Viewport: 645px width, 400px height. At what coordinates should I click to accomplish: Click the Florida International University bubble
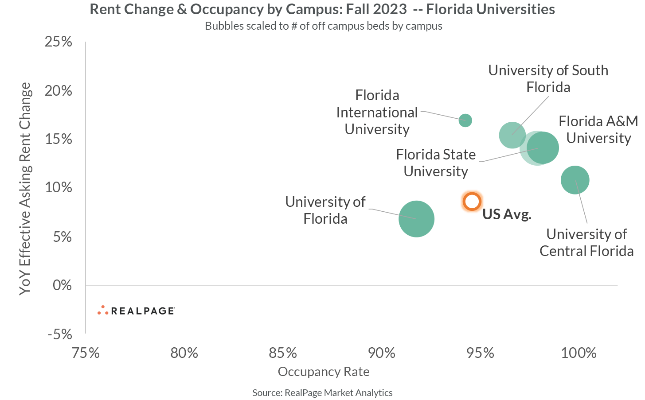click(x=465, y=120)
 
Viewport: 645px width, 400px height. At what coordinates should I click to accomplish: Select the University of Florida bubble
click(x=416, y=219)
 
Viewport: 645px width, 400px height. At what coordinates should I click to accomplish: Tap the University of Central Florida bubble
click(x=575, y=180)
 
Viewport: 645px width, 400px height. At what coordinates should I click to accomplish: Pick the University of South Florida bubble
click(x=512, y=135)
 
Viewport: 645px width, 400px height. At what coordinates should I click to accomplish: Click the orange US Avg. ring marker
click(x=472, y=202)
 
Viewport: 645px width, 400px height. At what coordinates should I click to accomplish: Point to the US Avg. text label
click(x=507, y=214)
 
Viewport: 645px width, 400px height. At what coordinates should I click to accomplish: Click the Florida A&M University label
click(x=598, y=129)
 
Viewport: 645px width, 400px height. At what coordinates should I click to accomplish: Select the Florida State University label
click(x=436, y=163)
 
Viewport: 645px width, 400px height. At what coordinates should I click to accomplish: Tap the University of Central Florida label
click(x=586, y=242)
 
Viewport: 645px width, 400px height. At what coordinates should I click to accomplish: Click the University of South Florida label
click(x=548, y=79)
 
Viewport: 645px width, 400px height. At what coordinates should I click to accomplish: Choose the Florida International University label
click(x=377, y=113)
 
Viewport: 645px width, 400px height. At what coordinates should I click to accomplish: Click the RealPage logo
click(x=136, y=311)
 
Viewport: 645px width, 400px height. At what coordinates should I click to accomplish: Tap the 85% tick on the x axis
click(x=283, y=353)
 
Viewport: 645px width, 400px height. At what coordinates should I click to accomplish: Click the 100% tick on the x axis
click(x=579, y=353)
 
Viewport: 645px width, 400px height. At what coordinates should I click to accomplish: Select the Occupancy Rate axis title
click(x=324, y=372)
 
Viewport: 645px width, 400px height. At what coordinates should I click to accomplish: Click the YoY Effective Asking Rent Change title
click(x=25, y=188)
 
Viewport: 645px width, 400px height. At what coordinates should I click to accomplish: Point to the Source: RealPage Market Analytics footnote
click(x=322, y=392)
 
